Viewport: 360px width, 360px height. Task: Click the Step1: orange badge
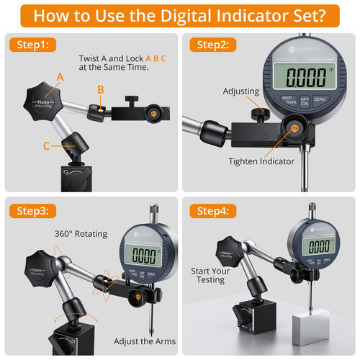30,45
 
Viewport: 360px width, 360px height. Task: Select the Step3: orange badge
30,211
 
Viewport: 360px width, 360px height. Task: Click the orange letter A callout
60,76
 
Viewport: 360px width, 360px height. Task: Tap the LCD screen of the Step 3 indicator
145,256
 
